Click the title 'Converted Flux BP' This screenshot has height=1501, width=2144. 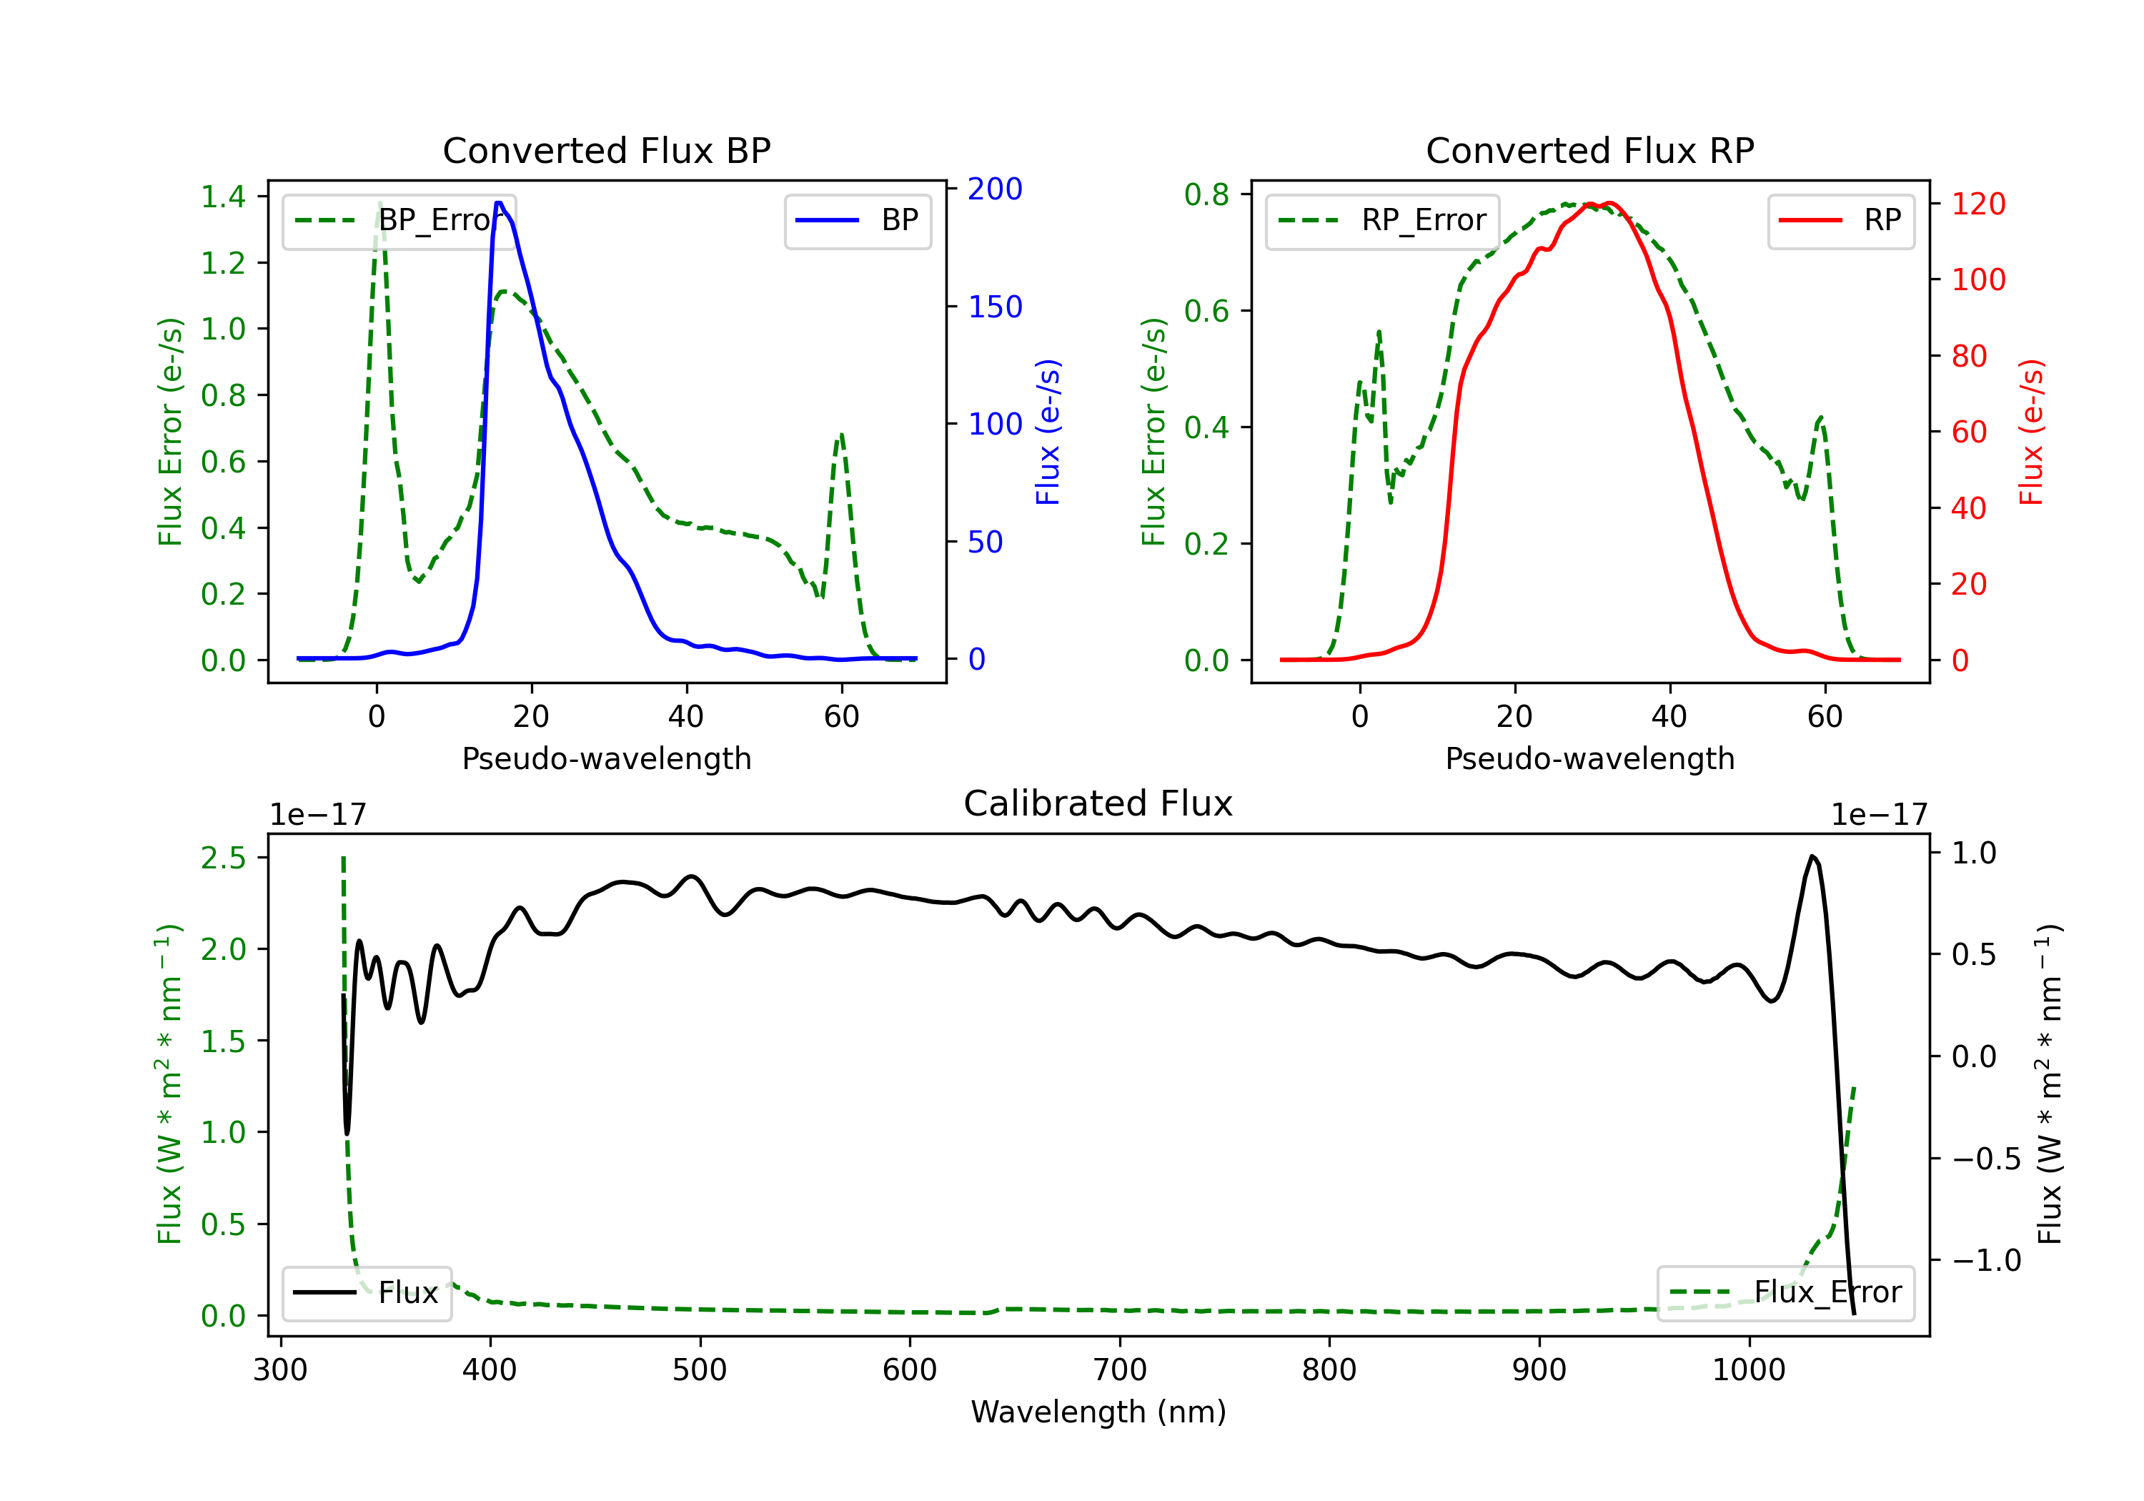pos(606,150)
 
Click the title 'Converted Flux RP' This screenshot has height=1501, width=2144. pos(1589,150)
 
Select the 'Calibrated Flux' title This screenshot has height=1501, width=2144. pos(1098,803)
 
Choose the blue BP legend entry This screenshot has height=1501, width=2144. pos(857,220)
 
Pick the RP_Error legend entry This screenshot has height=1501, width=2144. pos(1382,220)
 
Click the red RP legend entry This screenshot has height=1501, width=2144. pos(1840,220)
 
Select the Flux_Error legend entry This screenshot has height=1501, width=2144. pos(1785,1293)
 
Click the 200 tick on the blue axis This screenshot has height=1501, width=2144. pos(996,189)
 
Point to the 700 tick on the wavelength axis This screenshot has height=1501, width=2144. pos(1120,1369)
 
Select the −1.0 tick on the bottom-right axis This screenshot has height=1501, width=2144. pos(1986,1260)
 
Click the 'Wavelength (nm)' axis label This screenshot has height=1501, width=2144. pos(1098,1412)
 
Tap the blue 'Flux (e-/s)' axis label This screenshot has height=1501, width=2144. pos(1048,432)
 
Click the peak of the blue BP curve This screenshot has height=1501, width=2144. pos(500,203)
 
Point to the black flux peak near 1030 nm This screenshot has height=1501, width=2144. pos(1812,856)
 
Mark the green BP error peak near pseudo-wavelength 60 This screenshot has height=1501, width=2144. pos(841,435)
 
